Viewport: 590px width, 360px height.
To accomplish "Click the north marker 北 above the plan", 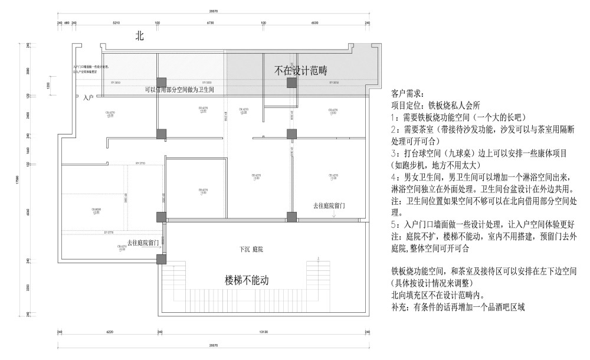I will (140, 36).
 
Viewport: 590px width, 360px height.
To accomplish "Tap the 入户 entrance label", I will (88, 96).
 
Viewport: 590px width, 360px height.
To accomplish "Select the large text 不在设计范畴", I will (300, 70).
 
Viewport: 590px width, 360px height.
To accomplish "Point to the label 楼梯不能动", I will (247, 280).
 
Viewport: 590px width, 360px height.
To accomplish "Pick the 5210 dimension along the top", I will (116, 22).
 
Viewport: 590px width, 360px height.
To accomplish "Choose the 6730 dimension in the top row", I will (209, 22).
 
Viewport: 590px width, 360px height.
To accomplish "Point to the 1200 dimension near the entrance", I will (48, 86).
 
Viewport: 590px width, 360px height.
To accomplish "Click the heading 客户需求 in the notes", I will (407, 93).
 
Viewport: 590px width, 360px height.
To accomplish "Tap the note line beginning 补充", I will (457, 306).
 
